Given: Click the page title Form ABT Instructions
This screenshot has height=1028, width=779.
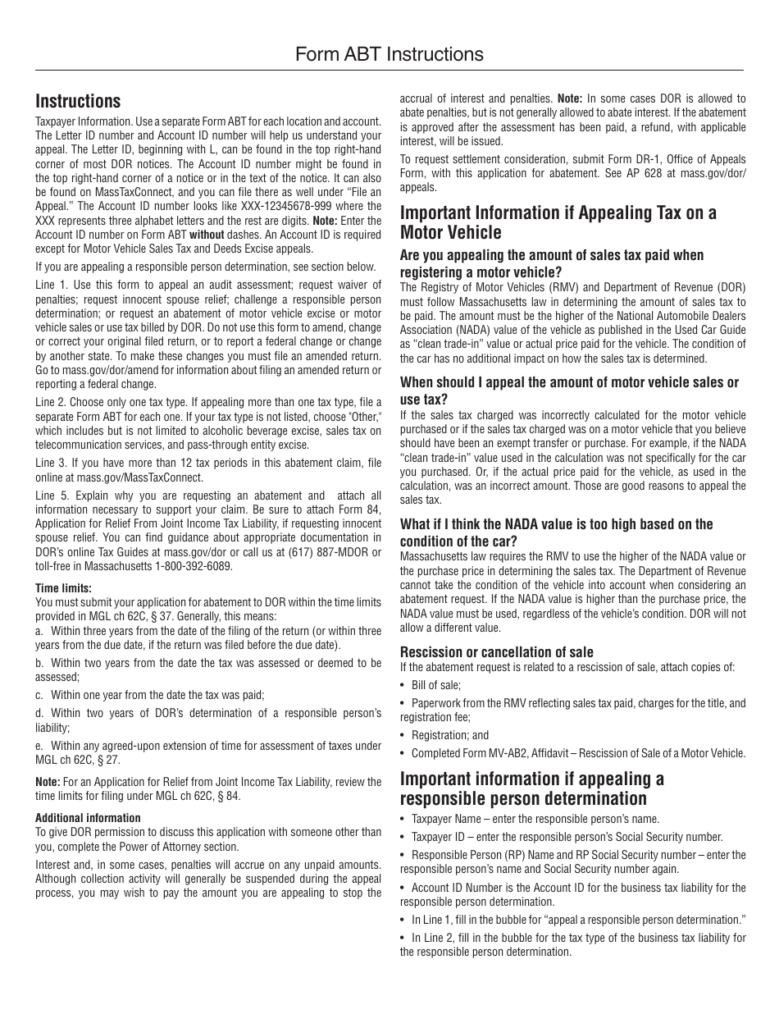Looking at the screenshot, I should pos(389,54).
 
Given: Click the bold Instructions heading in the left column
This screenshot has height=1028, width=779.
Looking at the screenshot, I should pos(78,101).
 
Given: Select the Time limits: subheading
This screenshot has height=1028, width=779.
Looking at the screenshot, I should pos(63,588).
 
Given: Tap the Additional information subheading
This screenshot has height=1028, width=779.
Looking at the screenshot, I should pos(88,818).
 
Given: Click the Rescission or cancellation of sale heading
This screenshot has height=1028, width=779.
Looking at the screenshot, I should pos(496,652).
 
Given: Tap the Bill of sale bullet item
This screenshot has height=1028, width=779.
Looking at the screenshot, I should pos(435,685).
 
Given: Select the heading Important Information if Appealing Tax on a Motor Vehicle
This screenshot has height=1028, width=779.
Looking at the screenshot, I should pos(558,222).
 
